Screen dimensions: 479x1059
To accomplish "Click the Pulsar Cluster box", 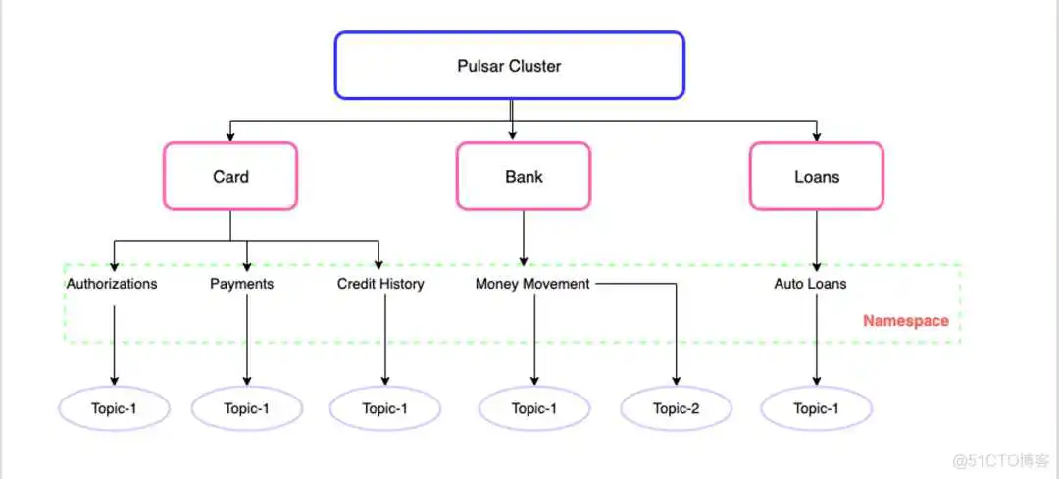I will coord(509,66).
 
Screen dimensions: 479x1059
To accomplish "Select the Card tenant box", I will coord(230,177).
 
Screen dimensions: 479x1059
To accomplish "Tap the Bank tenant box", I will coord(524,177).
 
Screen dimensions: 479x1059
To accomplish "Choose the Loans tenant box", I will coord(816,177).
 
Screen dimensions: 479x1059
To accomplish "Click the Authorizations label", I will coord(112,284).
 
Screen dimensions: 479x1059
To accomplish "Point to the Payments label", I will coord(241,284).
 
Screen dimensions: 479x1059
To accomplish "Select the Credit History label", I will coord(380,284).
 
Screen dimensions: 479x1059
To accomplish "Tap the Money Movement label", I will coord(532,284).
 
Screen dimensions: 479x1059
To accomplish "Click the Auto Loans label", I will coord(810,284).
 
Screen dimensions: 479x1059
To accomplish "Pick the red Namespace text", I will coord(905,321).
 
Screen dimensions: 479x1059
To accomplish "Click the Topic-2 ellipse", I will coord(676,409).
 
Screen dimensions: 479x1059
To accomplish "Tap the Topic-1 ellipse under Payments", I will coord(246,409).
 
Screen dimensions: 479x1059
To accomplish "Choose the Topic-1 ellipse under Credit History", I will coord(384,409).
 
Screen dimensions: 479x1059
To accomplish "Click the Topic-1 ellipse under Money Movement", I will coord(534,409).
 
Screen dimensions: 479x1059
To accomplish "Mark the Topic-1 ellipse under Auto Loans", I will coord(816,409).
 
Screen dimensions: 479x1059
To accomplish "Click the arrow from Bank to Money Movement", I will coord(524,238).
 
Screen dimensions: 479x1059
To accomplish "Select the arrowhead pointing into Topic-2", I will coord(676,381).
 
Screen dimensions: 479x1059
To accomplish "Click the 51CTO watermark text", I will coord(991,460).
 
